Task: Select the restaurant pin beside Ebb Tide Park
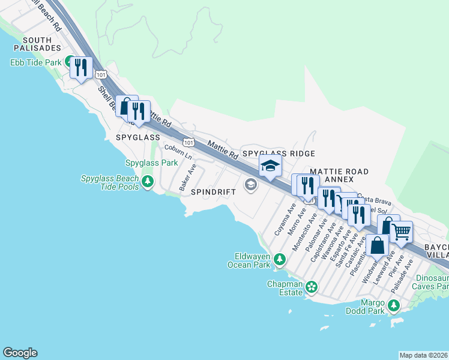(x=80, y=67)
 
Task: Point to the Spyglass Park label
(x=151, y=163)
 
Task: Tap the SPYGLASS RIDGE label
(x=279, y=154)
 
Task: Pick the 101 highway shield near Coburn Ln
(x=189, y=143)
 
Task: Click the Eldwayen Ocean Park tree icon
(x=279, y=259)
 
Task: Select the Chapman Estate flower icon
(x=312, y=287)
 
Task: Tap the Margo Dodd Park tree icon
(x=394, y=306)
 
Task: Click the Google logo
(x=20, y=353)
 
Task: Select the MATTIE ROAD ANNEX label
(x=340, y=175)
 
